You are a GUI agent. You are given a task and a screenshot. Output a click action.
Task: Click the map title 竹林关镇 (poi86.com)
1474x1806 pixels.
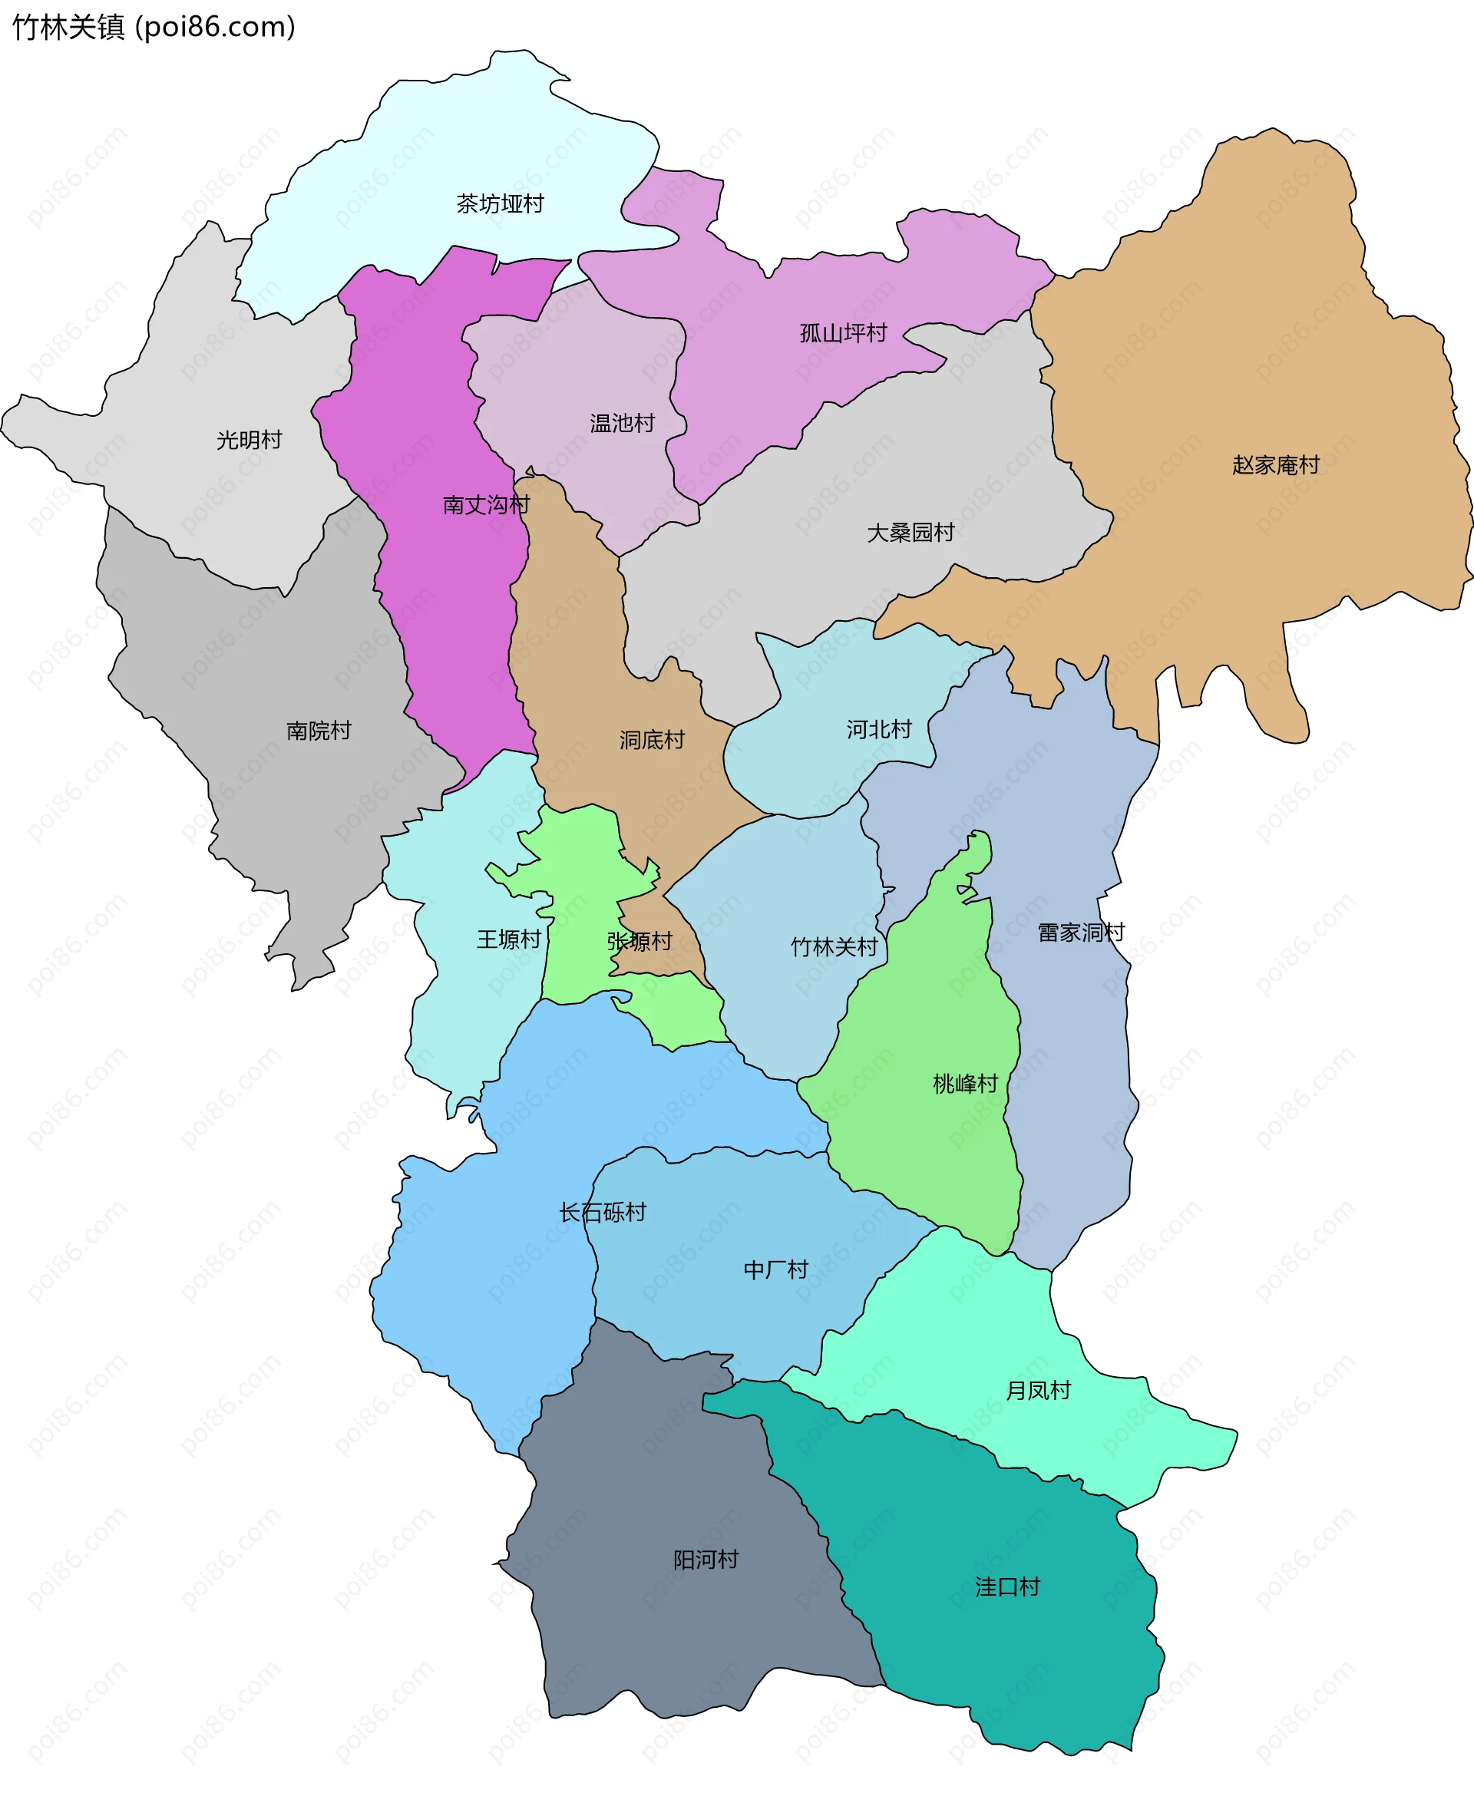[154, 27]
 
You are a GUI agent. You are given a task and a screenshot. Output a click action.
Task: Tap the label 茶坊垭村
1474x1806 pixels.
[499, 203]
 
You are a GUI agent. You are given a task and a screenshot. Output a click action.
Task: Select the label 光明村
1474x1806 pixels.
[249, 440]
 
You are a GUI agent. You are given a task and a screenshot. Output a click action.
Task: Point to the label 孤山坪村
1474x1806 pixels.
[843, 332]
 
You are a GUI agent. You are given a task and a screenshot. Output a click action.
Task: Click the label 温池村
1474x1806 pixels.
[623, 423]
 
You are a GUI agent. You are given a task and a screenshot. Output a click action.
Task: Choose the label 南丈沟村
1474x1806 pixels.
[486, 505]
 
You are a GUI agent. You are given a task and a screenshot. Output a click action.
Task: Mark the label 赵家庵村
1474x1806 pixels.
[1275, 465]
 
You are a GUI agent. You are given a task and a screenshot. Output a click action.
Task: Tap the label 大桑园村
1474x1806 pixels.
[911, 532]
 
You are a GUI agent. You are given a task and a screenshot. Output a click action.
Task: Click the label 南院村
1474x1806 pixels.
[319, 731]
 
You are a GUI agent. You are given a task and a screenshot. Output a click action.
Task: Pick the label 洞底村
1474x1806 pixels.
[651, 740]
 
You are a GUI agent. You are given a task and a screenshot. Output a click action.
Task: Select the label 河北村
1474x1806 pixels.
[879, 729]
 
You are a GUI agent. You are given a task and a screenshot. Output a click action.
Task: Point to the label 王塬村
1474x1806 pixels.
[508, 939]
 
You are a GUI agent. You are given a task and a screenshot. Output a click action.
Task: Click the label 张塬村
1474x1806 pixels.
[640, 941]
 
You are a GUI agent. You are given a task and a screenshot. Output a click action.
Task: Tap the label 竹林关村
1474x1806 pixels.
[834, 947]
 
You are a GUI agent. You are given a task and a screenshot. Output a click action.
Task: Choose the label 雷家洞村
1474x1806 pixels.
[1081, 933]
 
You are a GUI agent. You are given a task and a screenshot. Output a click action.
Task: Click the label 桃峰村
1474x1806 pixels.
[966, 1084]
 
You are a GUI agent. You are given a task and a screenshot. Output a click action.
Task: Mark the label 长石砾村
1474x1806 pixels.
[602, 1213]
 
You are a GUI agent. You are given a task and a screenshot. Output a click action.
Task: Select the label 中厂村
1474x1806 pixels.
[775, 1269]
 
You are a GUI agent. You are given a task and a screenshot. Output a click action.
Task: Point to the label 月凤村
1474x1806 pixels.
[1038, 1390]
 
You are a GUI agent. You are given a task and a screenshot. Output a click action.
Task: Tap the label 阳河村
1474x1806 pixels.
[706, 1559]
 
